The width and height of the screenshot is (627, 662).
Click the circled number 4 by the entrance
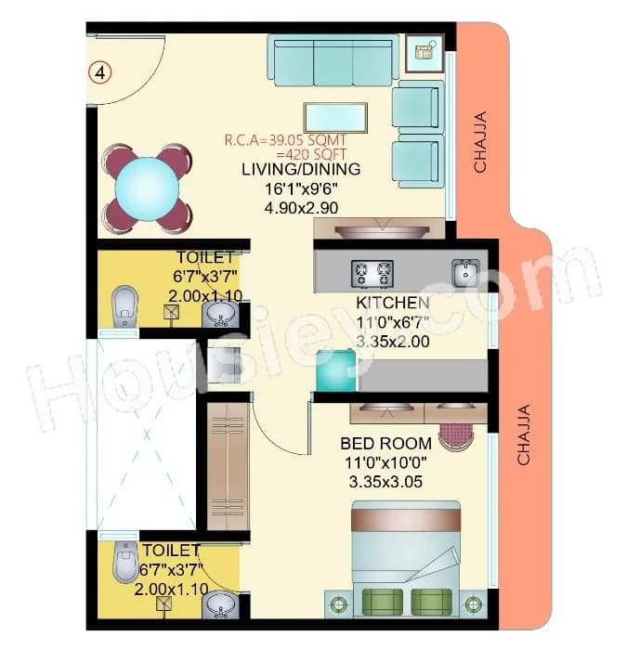(x=100, y=71)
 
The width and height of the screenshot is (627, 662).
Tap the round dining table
(x=148, y=186)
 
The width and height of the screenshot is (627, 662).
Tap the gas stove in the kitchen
(x=372, y=273)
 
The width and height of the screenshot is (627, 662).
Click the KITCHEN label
(x=393, y=304)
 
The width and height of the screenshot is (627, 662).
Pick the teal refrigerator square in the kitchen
(x=335, y=371)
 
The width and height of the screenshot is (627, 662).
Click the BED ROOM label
(x=385, y=443)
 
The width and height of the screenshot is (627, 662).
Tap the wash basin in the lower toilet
(x=220, y=606)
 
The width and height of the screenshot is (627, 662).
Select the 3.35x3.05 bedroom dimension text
(x=385, y=482)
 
